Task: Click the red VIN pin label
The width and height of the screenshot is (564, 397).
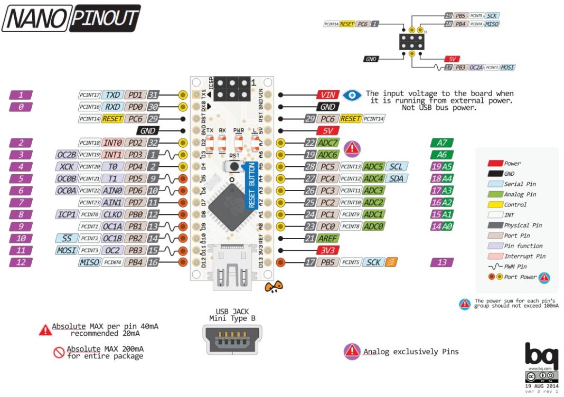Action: click(x=328, y=95)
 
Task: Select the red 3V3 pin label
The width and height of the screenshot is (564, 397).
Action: click(x=328, y=250)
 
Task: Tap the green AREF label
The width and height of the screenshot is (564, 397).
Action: click(x=328, y=238)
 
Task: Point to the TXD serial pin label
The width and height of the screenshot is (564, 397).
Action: click(x=112, y=95)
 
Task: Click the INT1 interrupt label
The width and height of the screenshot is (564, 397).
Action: click(x=112, y=155)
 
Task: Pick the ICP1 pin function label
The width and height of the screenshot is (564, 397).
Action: click(x=66, y=214)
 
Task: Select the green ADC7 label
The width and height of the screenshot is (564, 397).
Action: click(x=328, y=143)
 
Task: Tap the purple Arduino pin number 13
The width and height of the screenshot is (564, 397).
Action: click(x=442, y=262)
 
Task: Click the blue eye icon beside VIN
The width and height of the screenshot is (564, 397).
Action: click(x=352, y=95)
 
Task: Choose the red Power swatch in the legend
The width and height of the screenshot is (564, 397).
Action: click(x=494, y=163)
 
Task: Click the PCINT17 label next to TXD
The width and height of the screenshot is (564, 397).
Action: click(x=89, y=95)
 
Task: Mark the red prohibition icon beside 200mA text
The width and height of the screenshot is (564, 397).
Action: click(x=59, y=352)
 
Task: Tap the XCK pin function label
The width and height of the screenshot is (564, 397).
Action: click(x=66, y=167)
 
